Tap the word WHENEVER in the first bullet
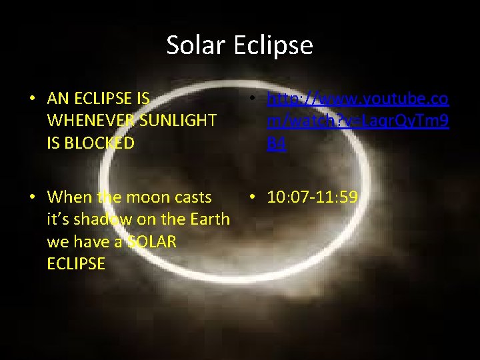click(x=84, y=121)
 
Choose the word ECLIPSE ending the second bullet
click(x=76, y=263)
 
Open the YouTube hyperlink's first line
click(x=357, y=99)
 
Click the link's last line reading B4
click(x=276, y=143)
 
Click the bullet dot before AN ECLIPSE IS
click(x=32, y=99)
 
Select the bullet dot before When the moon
click(x=32, y=198)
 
